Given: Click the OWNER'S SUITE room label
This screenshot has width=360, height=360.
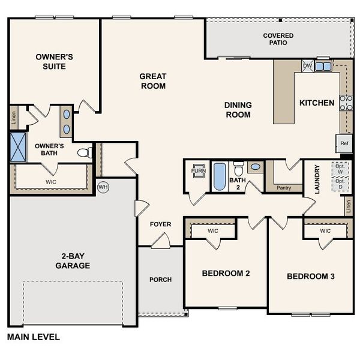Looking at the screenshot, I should pyautogui.click(x=54, y=61).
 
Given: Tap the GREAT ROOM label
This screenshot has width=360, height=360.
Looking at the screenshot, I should pyautogui.click(x=152, y=81).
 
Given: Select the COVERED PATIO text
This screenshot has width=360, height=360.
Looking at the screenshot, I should pyautogui.click(x=278, y=40).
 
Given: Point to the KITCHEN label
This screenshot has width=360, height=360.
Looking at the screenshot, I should pyautogui.click(x=317, y=103).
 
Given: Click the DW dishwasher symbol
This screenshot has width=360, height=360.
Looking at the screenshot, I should pyautogui.click(x=307, y=66).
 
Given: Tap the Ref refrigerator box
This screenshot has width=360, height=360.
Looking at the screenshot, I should pyautogui.click(x=344, y=143).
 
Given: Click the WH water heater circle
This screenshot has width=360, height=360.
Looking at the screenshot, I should pyautogui.click(x=103, y=187).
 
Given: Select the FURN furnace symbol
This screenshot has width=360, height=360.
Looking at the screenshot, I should pyautogui.click(x=198, y=170).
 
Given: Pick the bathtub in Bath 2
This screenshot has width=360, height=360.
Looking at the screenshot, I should pyautogui.click(x=220, y=176).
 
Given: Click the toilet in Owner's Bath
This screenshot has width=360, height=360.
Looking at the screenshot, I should pyautogui.click(x=85, y=152).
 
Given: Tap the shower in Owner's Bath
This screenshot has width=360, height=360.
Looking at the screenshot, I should pyautogui.click(x=18, y=147).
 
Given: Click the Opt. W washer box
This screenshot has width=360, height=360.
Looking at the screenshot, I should pyautogui.click(x=340, y=169).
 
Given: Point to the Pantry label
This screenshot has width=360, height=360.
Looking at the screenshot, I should pyautogui.click(x=284, y=188).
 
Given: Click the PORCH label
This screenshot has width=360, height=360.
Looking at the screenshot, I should pyautogui.click(x=160, y=280).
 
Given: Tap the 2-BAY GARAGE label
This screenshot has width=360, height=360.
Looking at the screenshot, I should pyautogui.click(x=73, y=260).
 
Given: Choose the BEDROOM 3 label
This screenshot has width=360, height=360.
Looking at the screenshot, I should pyautogui.click(x=310, y=276).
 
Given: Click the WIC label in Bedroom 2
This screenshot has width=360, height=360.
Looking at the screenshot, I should pyautogui.click(x=213, y=230).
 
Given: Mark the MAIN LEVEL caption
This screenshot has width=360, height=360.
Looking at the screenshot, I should pyautogui.click(x=33, y=337).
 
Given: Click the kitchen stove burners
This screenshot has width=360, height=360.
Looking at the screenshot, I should pyautogui.click(x=346, y=103).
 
